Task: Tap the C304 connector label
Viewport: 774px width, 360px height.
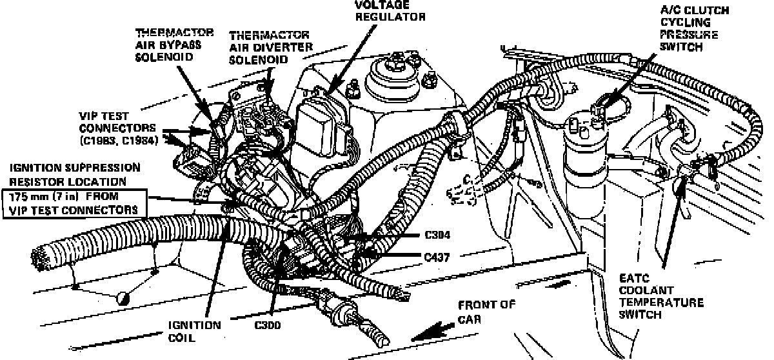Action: pos(438,236)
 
